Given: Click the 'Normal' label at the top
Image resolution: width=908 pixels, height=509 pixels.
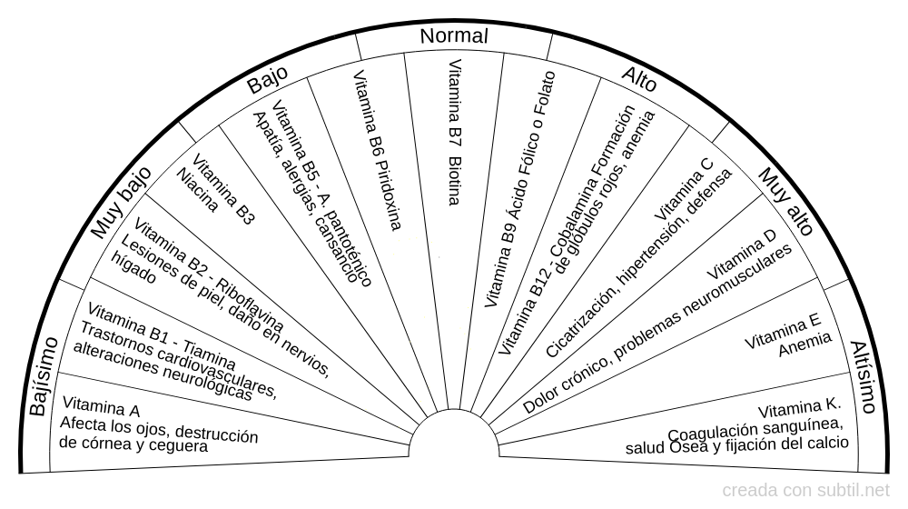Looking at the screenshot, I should (453, 36).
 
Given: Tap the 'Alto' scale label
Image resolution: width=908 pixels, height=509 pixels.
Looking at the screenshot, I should (640, 82).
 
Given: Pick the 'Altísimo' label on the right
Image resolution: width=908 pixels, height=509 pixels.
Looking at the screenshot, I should (864, 376).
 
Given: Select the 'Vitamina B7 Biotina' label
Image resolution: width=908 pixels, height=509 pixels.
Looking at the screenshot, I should (456, 133).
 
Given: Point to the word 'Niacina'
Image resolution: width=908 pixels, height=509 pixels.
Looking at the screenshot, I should (198, 189).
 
